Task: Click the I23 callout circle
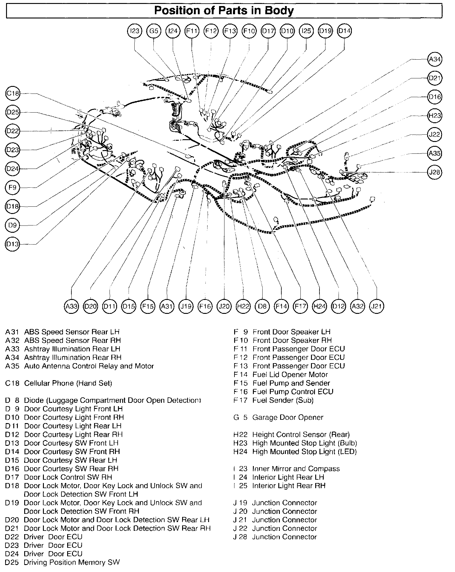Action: pos(134,31)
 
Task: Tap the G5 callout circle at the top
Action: pos(154,31)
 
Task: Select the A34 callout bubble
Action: pos(435,59)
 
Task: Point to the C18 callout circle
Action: pos(13,94)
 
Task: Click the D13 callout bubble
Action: pos(13,244)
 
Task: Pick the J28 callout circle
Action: pos(435,172)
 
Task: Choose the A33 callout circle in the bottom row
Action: pos(72,307)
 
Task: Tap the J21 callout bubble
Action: pos(377,307)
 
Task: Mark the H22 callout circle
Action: pos(243,307)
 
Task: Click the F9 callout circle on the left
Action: pos(13,188)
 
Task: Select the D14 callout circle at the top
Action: pos(345,31)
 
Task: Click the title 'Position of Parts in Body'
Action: pos(224,11)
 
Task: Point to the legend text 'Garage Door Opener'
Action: pos(288,417)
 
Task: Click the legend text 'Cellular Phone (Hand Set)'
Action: pos(68,383)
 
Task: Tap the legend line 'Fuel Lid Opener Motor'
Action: pos(290,375)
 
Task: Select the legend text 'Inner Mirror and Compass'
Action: pos(296,469)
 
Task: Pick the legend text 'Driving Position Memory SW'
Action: pos(72,563)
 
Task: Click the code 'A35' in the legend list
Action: pos(12,366)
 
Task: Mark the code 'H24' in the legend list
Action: pos(240,452)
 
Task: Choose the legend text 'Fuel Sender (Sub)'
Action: pos(283,400)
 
